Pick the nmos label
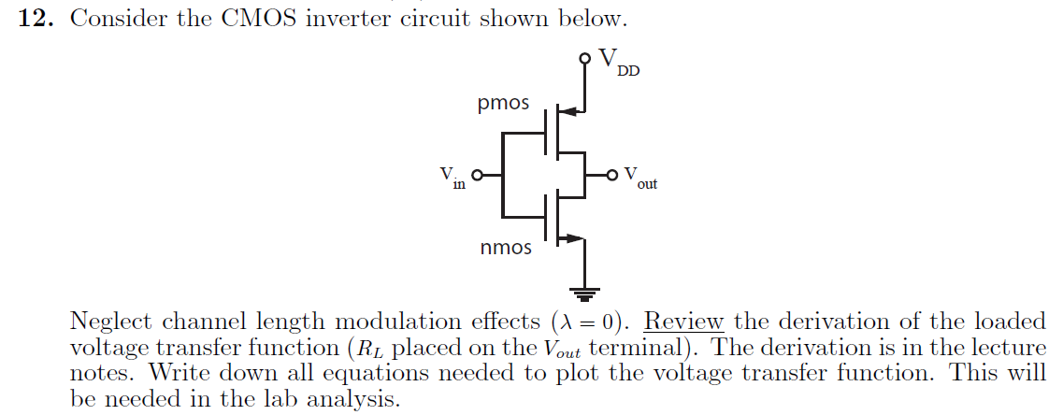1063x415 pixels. (x=506, y=248)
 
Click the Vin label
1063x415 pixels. (x=452, y=177)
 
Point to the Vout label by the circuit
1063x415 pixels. (x=640, y=178)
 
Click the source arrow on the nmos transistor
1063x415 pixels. (x=571, y=237)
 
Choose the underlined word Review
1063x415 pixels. (x=684, y=322)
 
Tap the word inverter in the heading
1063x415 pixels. (x=360, y=19)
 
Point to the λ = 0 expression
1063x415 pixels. (x=596, y=322)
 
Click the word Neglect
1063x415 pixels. (x=113, y=322)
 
